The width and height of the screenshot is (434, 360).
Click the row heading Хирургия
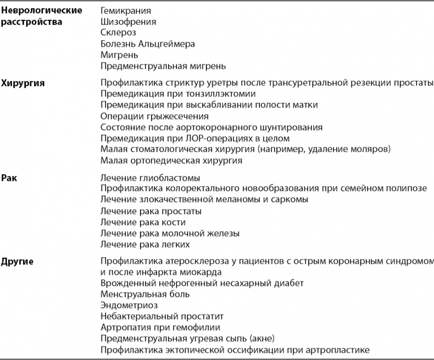[23, 83]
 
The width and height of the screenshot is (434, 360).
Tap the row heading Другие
[18, 261]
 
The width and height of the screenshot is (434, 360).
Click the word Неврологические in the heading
[42, 10]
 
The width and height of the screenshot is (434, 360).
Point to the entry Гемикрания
[126, 10]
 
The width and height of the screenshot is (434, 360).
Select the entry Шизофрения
[129, 22]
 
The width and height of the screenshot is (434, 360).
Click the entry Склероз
[118, 33]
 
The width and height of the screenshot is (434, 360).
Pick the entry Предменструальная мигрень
[163, 67]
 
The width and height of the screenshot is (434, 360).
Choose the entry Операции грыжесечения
[154, 116]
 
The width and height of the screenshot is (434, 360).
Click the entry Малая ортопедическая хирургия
[171, 161]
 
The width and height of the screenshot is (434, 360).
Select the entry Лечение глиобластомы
[150, 178]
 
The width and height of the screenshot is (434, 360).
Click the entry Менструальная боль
[145, 294]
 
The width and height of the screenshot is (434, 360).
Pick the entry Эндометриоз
[129, 305]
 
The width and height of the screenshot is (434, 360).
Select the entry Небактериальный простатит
[162, 316]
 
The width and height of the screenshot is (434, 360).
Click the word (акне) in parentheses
[261, 339]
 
